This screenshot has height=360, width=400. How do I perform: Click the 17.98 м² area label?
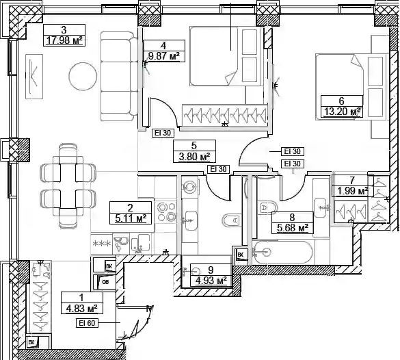(x=64, y=40)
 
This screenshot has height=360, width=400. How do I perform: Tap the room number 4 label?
(x=163, y=46)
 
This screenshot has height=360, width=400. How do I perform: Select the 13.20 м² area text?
(x=342, y=112)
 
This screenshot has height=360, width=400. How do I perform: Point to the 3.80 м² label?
(x=194, y=156)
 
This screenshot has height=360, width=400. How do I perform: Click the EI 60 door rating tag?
(x=87, y=323)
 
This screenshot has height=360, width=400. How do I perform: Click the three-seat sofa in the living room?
(x=119, y=76)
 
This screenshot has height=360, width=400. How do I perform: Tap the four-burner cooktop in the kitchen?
(x=166, y=211)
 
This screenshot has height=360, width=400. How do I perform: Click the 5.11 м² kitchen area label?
(x=131, y=218)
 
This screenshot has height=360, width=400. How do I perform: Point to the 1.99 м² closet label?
(x=353, y=191)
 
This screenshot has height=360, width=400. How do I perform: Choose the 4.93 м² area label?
(x=211, y=281)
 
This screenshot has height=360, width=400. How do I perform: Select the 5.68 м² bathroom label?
(x=293, y=227)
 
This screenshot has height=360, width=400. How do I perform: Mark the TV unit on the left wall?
(x=34, y=77)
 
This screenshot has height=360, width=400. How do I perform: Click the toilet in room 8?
(x=267, y=208)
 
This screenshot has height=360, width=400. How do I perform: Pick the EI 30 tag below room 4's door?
(x=163, y=133)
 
